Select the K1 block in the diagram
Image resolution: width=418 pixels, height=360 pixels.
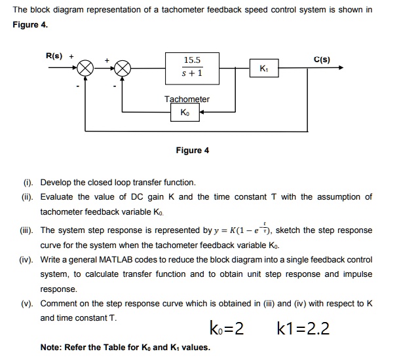coord(264,68)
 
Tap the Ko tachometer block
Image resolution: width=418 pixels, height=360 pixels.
coord(186,113)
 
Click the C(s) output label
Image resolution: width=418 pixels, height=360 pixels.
coord(322,60)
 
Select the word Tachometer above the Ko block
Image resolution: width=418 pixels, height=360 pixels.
coord(187,99)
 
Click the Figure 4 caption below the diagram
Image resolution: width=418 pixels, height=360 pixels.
coord(193,151)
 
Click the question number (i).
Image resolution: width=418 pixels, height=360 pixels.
coord(27,183)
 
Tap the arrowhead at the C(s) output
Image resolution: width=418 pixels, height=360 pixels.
coord(339,68)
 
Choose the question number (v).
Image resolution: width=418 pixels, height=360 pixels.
coord(26,304)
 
